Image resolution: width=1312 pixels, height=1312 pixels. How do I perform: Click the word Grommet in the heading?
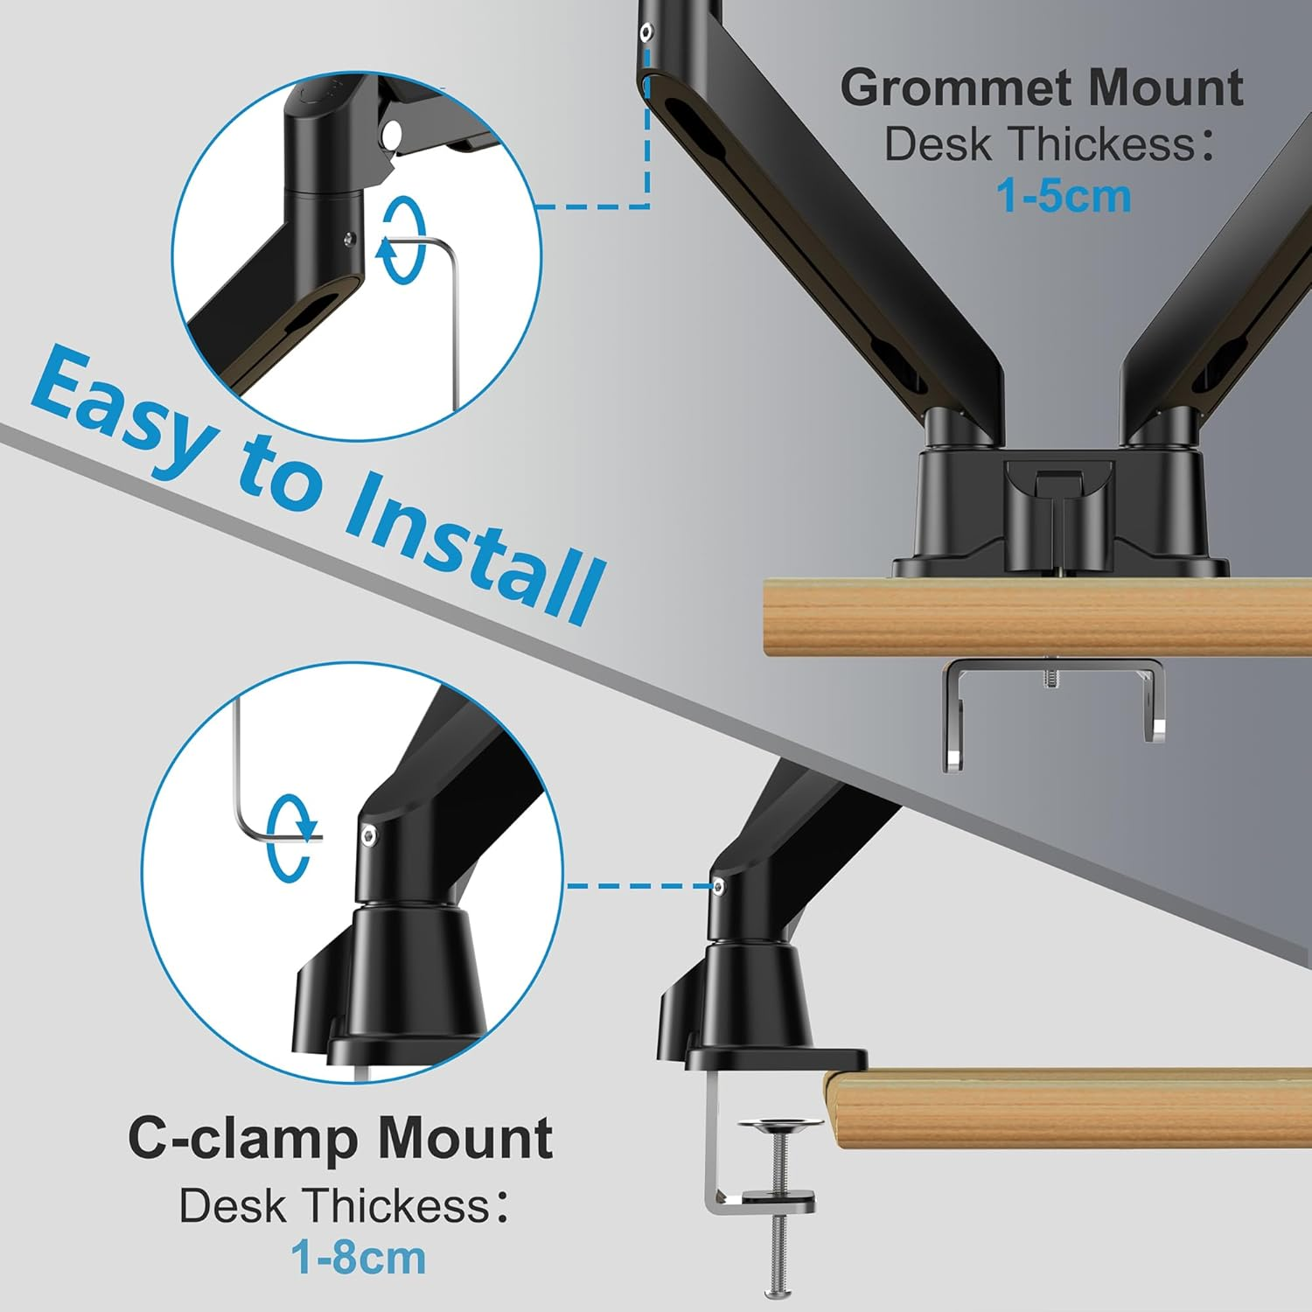tap(956, 89)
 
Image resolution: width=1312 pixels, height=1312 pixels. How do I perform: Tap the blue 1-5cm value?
tap(1063, 196)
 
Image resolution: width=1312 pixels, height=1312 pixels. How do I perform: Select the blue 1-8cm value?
tap(358, 1258)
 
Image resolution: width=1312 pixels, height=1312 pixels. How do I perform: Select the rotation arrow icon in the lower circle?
tap(290, 838)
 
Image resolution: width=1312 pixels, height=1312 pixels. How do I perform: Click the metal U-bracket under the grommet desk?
tap(1053, 700)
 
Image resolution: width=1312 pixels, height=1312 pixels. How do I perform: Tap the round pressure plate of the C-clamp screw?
tap(779, 1122)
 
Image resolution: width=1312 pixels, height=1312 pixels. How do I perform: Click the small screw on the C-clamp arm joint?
tap(718, 887)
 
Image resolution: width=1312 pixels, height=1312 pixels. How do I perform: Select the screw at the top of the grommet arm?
tap(646, 32)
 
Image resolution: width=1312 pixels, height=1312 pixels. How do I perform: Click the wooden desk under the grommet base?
tap(1032, 618)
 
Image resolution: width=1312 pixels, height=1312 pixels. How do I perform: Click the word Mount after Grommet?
tap(1164, 89)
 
